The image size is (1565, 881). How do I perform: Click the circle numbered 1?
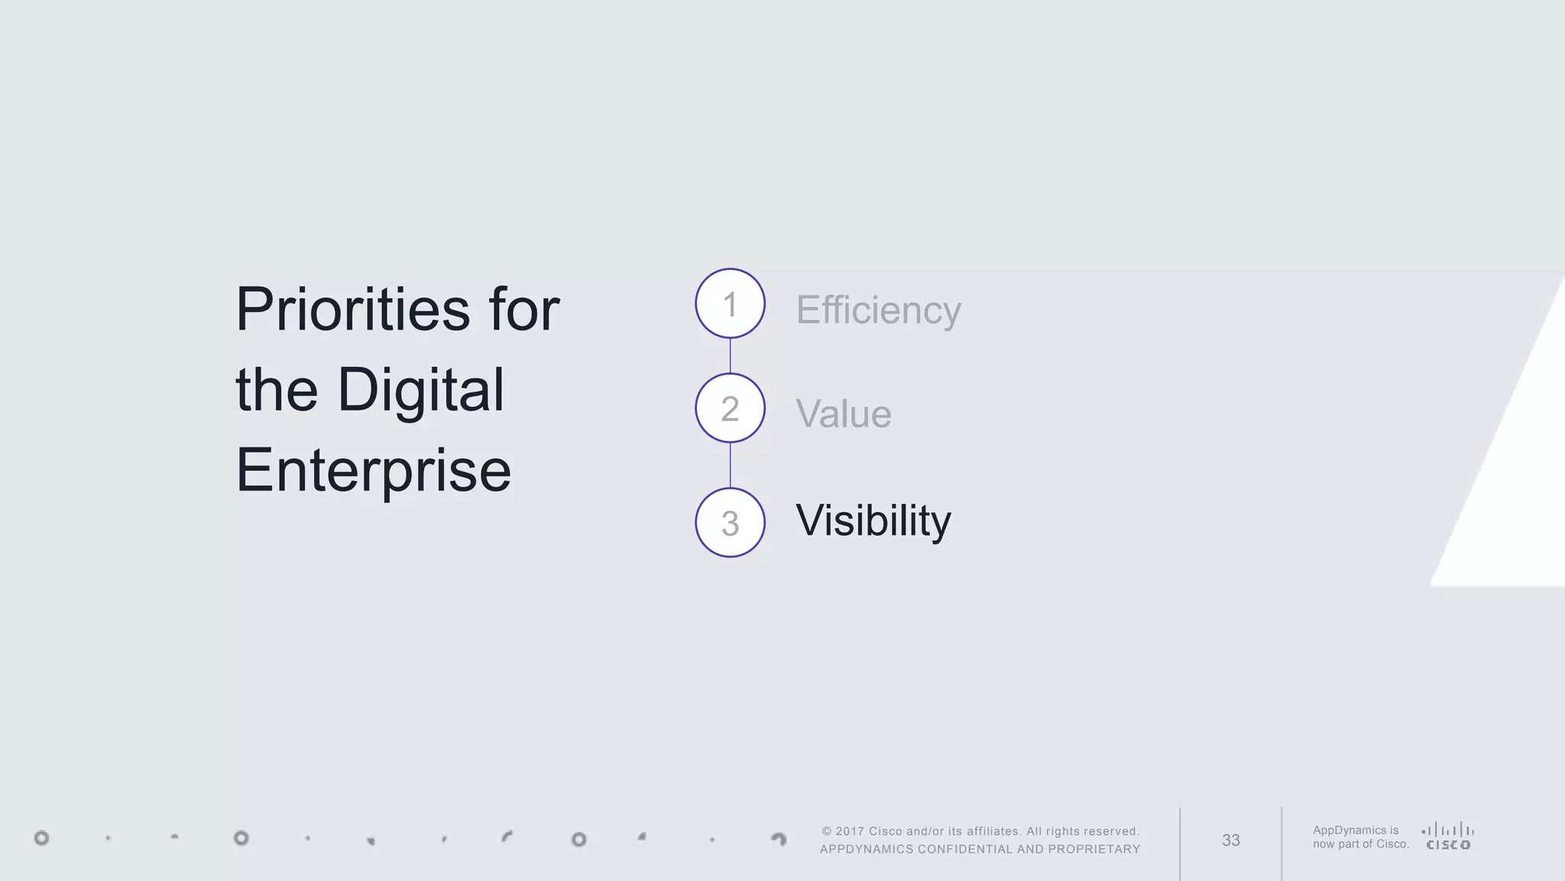pyautogui.click(x=730, y=304)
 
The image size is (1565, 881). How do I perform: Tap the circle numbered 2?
pyautogui.click(x=730, y=408)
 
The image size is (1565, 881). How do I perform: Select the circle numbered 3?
pyautogui.click(x=730, y=522)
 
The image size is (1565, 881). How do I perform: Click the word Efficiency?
pyautogui.click(x=878, y=310)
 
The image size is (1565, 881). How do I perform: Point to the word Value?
pyautogui.click(x=843, y=414)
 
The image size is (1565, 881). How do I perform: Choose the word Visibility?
pyautogui.click(x=873, y=521)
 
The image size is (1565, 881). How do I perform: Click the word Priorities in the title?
pyautogui.click(x=352, y=310)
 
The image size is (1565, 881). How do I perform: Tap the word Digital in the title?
pyautogui.click(x=420, y=390)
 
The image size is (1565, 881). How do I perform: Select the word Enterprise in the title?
pyautogui.click(x=373, y=470)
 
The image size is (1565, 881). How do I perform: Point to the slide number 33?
pyautogui.click(x=1230, y=840)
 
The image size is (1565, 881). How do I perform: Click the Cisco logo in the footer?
pyautogui.click(x=1448, y=837)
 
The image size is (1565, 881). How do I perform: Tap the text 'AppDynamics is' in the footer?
pyautogui.click(x=1356, y=831)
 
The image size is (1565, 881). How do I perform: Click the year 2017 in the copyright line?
pyautogui.click(x=850, y=831)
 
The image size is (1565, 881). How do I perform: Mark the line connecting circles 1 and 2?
pyautogui.click(x=730, y=356)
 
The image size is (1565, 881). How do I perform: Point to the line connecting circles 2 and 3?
pyautogui.click(x=730, y=465)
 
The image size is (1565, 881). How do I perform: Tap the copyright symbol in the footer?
pyautogui.click(x=826, y=831)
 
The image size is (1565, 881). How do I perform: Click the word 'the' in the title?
pyautogui.click(x=276, y=390)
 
